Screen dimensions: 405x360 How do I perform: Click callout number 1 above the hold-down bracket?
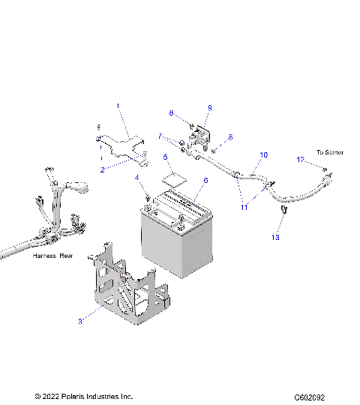[x=118, y=106]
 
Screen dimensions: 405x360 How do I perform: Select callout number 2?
[x=103, y=170]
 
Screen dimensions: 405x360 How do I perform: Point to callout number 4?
[x=137, y=178]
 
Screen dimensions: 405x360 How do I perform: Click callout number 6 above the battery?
[x=205, y=181]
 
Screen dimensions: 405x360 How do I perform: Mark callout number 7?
[x=160, y=136]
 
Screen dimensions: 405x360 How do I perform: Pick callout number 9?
[x=209, y=108]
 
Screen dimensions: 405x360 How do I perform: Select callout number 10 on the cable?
[x=262, y=155]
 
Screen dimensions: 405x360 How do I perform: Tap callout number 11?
[x=243, y=206]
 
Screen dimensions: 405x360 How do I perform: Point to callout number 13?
[x=274, y=237]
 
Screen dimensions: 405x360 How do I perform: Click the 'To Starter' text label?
[x=329, y=152]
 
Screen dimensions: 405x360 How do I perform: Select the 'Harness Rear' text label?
[x=52, y=256]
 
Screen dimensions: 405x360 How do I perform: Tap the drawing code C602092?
[x=314, y=397]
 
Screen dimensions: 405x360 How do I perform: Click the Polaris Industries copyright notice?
[x=83, y=396]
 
